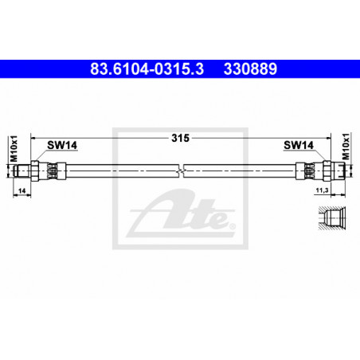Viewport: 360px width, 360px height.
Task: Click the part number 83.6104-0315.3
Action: coord(147,68)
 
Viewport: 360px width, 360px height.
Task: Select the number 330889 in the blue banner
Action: coord(250,68)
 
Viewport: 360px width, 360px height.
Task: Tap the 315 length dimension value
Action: coord(180,138)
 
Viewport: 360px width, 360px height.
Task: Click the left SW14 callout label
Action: coord(62,145)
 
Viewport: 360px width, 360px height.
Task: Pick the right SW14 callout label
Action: coord(299,145)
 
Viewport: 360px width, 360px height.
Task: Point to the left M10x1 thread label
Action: coord(14,149)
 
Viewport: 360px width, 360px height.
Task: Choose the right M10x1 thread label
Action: coord(346,147)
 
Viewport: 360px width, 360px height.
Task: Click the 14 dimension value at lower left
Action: coord(22,190)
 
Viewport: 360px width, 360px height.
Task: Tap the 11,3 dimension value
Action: coord(323,190)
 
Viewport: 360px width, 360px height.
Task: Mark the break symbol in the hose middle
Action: coord(182,170)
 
